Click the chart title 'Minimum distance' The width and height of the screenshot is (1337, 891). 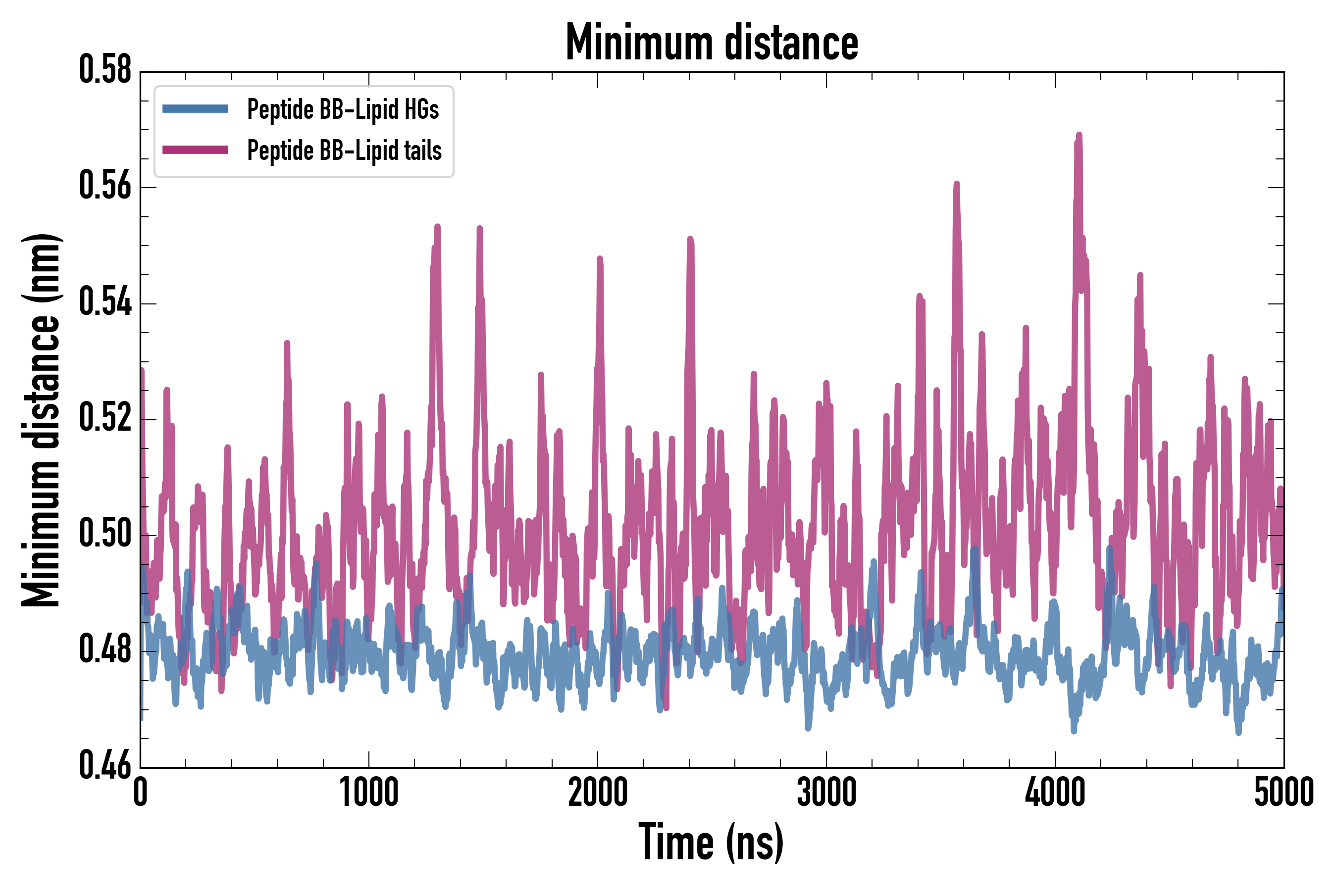click(x=712, y=43)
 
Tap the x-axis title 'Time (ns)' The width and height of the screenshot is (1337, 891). click(x=711, y=842)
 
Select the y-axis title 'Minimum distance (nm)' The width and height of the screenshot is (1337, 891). click(x=41, y=420)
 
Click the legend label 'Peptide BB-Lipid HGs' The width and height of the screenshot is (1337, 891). click(x=343, y=109)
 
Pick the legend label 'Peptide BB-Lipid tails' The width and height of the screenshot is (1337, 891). click(x=345, y=150)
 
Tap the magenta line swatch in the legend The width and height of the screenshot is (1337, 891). click(x=195, y=150)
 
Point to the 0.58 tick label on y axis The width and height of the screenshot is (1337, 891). click(x=105, y=71)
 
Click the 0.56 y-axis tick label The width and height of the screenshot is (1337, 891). click(x=105, y=187)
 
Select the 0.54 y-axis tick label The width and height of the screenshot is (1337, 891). click(x=105, y=303)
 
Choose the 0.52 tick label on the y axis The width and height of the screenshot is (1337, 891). click(x=105, y=419)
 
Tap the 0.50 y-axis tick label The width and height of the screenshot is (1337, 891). click(x=105, y=535)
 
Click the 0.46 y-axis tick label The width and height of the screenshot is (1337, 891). click(x=105, y=767)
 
